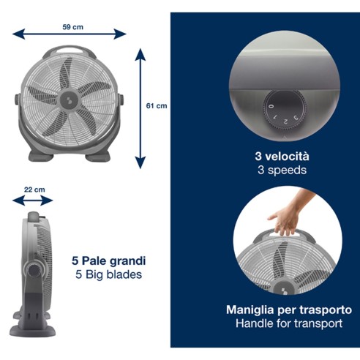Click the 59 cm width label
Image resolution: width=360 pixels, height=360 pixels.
(72, 27)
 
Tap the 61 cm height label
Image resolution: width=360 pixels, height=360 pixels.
(157, 106)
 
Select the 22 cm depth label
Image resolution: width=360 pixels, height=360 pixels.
(34, 190)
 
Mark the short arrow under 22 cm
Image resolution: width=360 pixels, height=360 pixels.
(34, 198)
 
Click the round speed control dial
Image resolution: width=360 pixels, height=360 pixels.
(280, 110)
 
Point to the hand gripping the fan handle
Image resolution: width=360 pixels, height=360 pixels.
(287, 217)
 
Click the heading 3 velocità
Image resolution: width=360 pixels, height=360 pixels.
(282, 156)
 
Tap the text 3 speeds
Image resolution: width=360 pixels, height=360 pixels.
(282, 170)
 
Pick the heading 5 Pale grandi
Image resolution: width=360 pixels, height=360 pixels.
(109, 260)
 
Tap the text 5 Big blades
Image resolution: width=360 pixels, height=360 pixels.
(109, 275)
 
